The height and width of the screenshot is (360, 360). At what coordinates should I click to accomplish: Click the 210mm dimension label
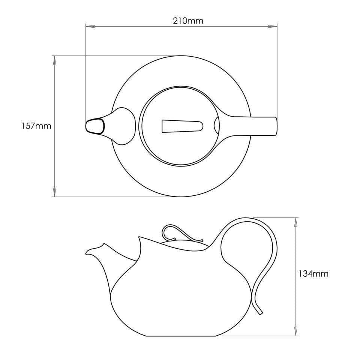point(188,21)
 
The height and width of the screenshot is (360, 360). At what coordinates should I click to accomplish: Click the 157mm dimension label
point(36,126)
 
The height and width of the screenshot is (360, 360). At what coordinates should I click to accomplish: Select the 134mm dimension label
point(313,274)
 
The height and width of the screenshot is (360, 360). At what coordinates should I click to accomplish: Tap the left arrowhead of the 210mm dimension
point(90,27)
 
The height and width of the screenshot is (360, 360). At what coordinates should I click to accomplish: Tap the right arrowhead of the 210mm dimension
point(272,27)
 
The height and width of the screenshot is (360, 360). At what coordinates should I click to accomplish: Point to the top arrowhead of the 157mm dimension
point(55,60)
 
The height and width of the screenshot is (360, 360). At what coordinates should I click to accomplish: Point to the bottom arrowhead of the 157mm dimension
point(55,192)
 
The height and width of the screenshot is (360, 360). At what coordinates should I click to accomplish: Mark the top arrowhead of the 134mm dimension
point(296,222)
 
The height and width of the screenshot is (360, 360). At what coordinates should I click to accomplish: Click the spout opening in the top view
point(95,126)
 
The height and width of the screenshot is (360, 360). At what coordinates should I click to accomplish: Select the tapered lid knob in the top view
point(182,126)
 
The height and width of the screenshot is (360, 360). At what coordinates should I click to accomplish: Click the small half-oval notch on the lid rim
point(217,125)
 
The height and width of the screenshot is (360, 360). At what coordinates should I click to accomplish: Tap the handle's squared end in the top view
point(275,126)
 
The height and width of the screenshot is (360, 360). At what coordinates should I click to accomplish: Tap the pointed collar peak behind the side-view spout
point(139,238)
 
